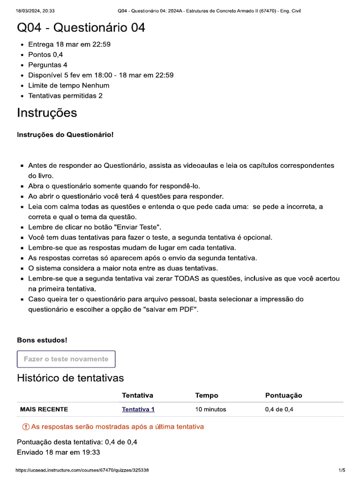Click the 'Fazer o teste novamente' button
66,359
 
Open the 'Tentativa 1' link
138,409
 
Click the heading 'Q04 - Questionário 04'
81,28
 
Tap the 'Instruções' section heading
47,113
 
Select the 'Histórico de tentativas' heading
70,378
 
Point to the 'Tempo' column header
207,396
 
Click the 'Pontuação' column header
284,396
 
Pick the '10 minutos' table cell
210,409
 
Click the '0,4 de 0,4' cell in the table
279,409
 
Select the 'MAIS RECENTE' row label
44,409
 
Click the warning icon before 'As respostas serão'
25,427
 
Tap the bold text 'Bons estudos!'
42,340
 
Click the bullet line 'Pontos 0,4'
46,55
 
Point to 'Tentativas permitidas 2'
66,96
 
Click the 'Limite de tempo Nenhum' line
69,86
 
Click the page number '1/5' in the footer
342,470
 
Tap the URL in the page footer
82,470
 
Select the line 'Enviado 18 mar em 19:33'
58,452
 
